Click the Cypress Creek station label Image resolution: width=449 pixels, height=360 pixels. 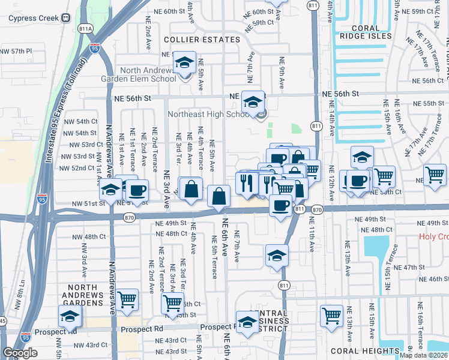pyautogui.click(x=33, y=17)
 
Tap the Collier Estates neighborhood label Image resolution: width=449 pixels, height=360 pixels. pyautogui.click(x=202, y=40)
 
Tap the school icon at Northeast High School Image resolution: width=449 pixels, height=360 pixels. pyautogui.click(x=253, y=101)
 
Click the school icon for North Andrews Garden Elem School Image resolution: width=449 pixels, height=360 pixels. pyautogui.click(x=184, y=63)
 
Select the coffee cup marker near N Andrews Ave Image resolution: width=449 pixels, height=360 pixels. pyautogui.click(x=136, y=191)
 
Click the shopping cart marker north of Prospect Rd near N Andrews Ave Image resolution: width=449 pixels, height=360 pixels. pyautogui.click(x=127, y=299)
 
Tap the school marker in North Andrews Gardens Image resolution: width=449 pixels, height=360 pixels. pyautogui.click(x=70, y=316)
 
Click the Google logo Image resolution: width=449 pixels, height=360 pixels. pyautogui.click(x=19, y=353)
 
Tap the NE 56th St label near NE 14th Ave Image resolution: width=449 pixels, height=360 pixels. pyautogui.click(x=340, y=94)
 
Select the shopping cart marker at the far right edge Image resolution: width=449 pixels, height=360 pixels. pyautogui.click(x=435, y=175)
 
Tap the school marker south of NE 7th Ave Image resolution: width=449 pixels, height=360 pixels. pyautogui.click(x=276, y=256)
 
